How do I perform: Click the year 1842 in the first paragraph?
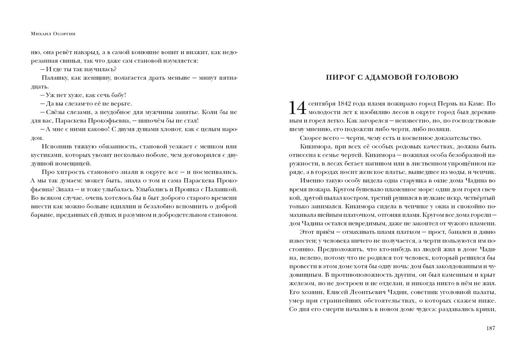[x=347, y=104]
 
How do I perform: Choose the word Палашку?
[x=54, y=78]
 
